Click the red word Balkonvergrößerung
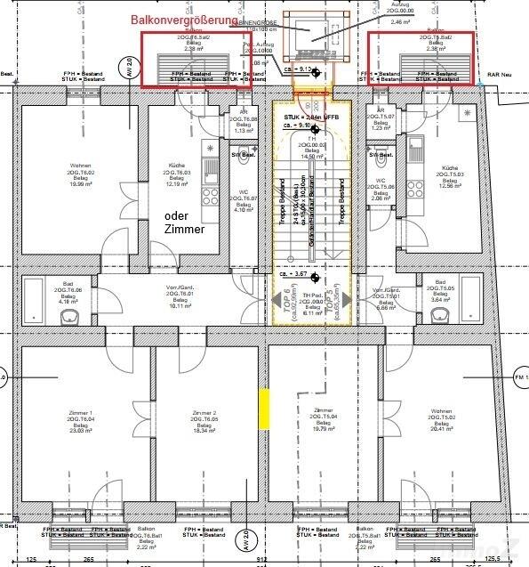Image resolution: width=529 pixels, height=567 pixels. click(184, 19)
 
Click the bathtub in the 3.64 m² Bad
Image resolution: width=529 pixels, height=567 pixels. click(485, 300)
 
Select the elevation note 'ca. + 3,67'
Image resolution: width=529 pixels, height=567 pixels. click(293, 275)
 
